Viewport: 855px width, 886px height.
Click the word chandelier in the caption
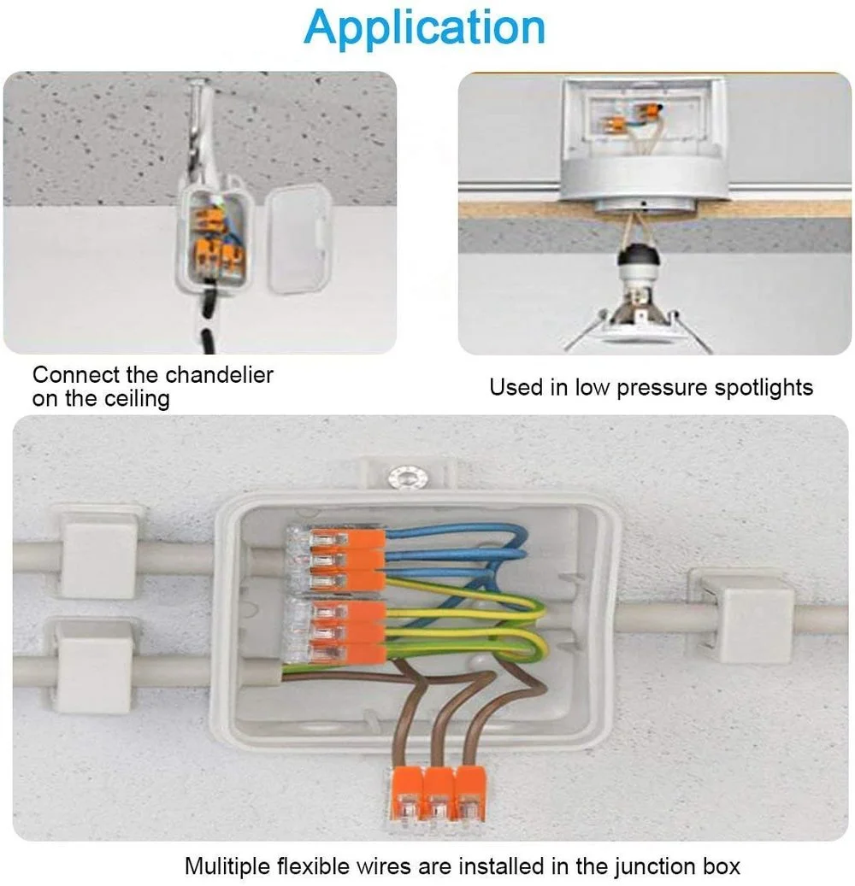point(219,374)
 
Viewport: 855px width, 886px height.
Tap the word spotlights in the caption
point(762,387)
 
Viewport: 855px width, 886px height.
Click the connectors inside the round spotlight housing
point(643,116)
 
